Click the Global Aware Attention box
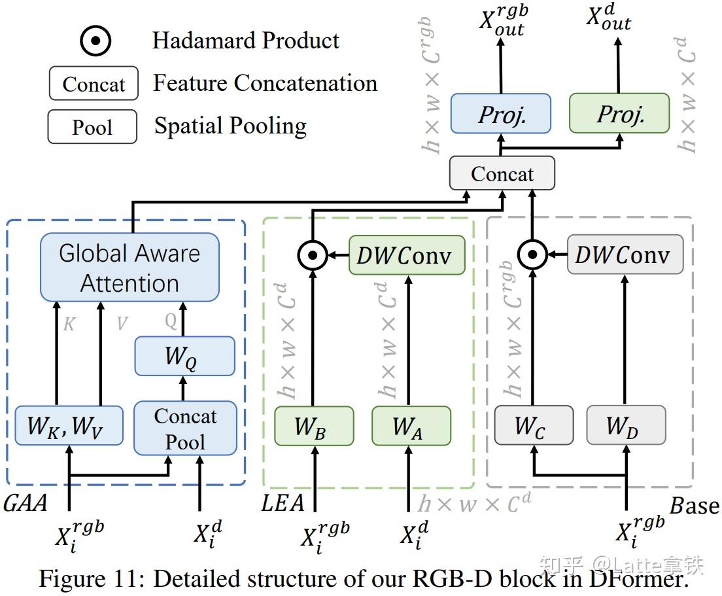click(129, 268)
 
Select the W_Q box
click(184, 356)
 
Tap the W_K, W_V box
click(69, 426)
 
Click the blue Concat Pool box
click(185, 429)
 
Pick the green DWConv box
click(407, 255)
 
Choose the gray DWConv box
click(625, 255)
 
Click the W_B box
click(313, 426)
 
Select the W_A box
click(411, 426)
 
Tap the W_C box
click(533, 426)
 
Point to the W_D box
click(626, 426)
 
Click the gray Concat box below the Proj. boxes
click(502, 174)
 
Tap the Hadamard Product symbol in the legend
click(95, 41)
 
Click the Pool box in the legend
click(92, 127)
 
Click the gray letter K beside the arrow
click(69, 324)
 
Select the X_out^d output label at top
click(608, 19)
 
